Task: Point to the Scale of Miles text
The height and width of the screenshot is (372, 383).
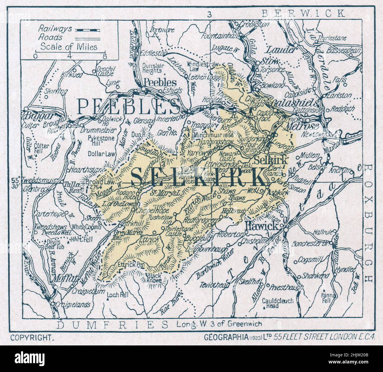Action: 69,46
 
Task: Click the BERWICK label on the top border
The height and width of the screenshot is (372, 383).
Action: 303,13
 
